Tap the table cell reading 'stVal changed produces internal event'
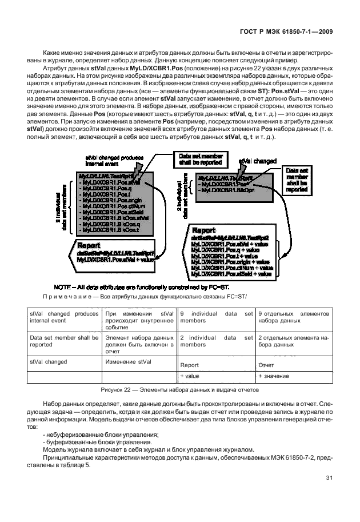click(x=63, y=318)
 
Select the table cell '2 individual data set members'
click(x=216, y=341)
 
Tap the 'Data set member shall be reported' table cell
click(x=63, y=341)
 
